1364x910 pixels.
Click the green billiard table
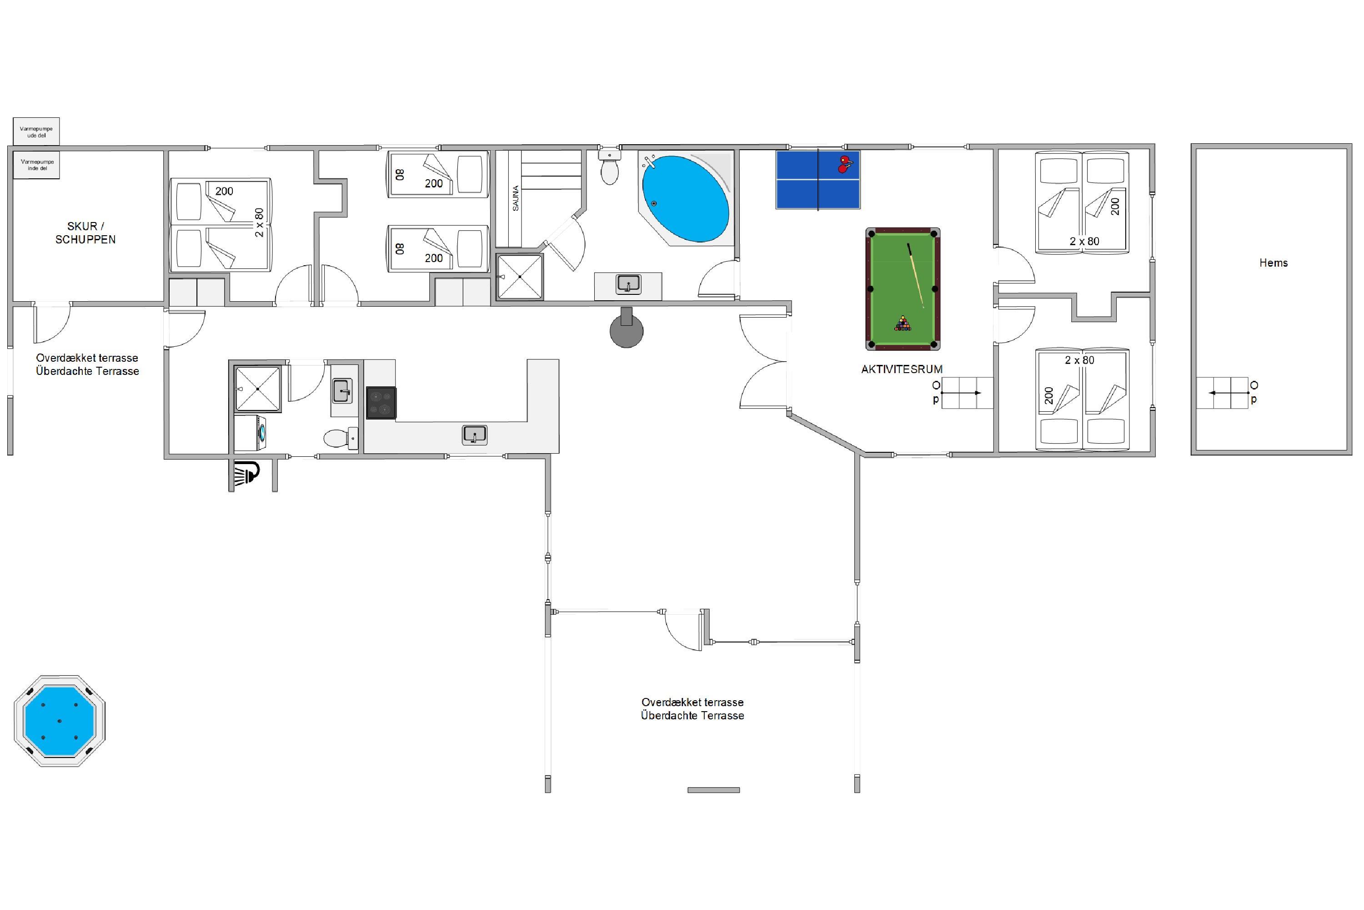point(903,289)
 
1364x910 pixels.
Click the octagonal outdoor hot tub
point(60,721)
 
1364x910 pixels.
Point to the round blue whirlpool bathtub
point(686,198)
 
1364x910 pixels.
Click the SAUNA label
point(516,198)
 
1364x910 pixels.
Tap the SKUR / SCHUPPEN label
point(85,233)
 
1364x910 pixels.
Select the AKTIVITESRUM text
point(902,369)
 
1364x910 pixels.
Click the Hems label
point(1274,263)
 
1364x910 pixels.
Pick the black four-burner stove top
point(381,403)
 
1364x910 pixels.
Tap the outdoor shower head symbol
point(246,474)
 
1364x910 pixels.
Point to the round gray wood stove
point(627,329)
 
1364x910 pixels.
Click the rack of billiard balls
point(903,324)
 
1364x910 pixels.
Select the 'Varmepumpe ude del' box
point(36,132)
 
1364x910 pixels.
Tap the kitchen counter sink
point(474,435)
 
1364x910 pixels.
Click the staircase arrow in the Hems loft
point(1229,393)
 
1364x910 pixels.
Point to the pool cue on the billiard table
point(915,275)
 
